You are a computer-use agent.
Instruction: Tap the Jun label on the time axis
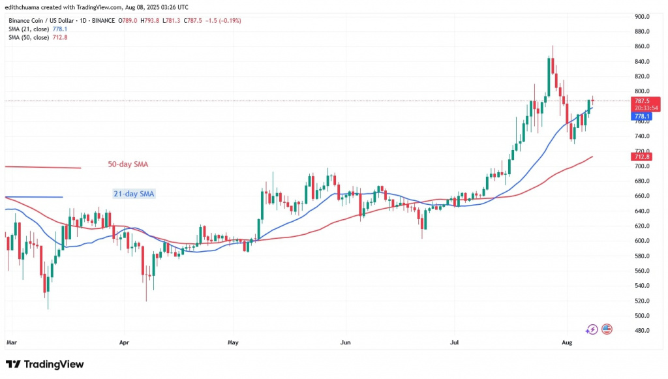(x=346, y=341)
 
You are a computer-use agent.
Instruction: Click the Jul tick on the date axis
(x=454, y=341)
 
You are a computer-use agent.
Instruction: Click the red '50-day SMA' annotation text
(x=128, y=164)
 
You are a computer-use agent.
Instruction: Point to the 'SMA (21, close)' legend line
(x=38, y=29)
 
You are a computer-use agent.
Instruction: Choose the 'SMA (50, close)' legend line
(x=38, y=37)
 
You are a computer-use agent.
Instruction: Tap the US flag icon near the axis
(x=607, y=329)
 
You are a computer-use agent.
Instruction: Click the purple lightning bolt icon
(x=592, y=329)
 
